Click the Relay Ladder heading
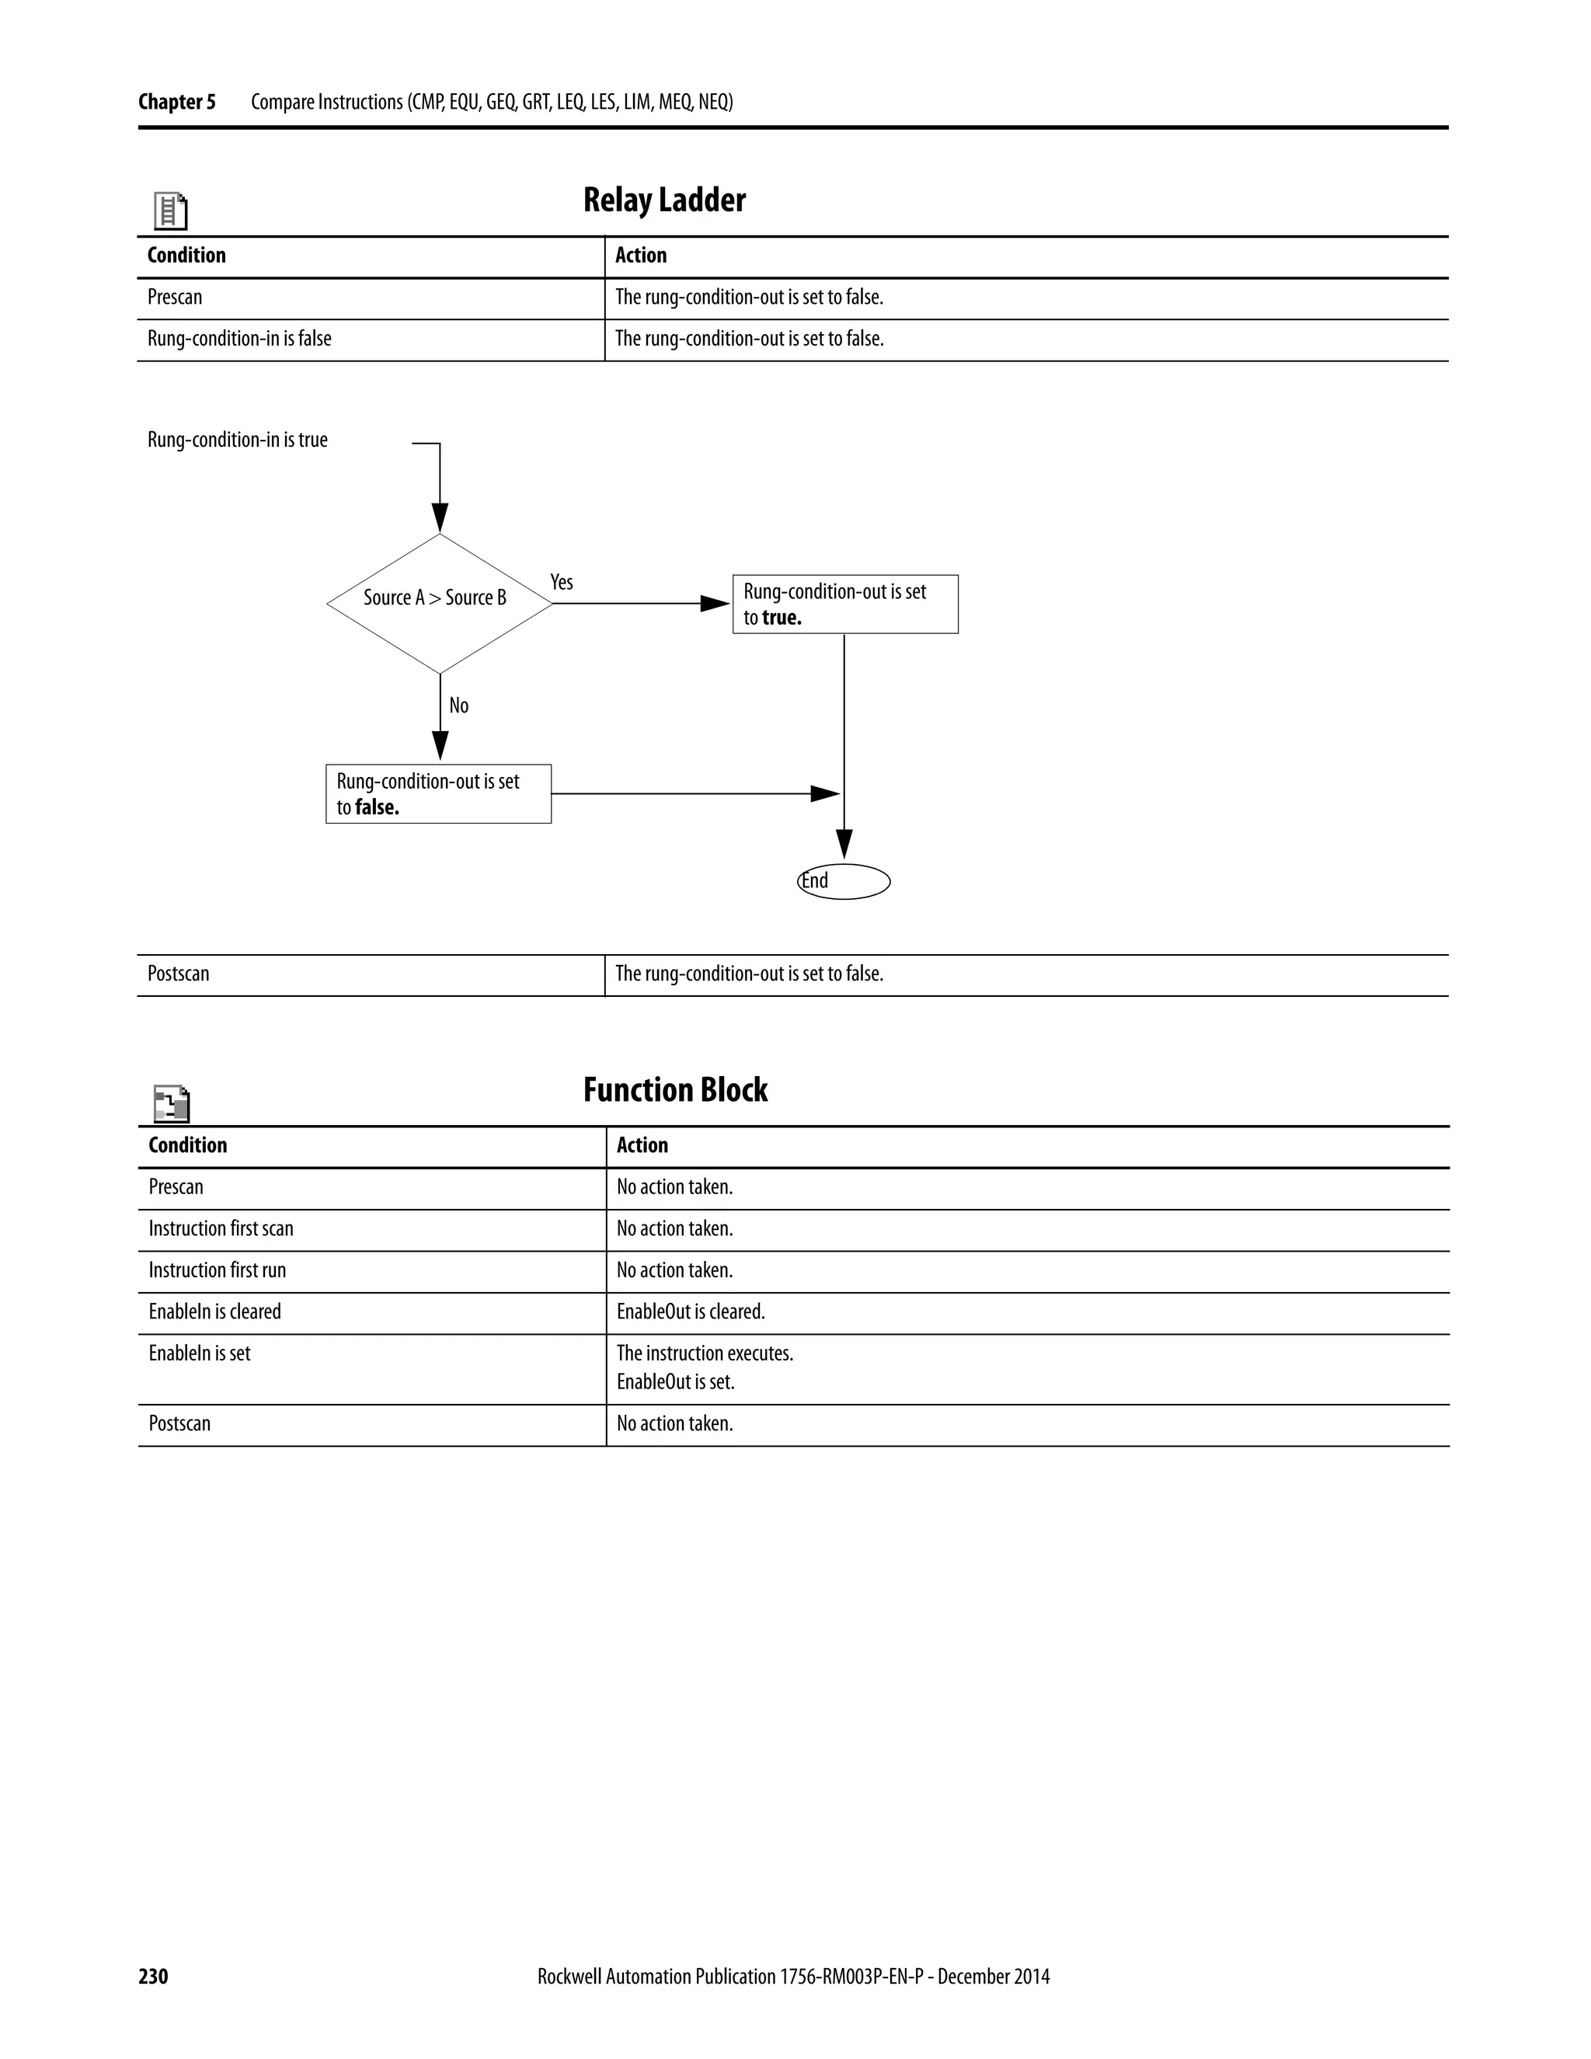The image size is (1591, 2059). (663, 200)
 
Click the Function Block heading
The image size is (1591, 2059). (675, 1090)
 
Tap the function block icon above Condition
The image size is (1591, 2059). (172, 1103)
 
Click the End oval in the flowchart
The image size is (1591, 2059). (844, 882)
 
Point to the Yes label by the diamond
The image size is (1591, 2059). (562, 583)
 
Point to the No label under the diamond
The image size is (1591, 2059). (458, 705)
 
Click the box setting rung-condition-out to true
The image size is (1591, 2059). (844, 604)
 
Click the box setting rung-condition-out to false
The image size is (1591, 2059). (438, 794)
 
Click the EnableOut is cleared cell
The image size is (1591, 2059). (690, 1312)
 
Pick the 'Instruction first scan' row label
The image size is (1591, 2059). (221, 1228)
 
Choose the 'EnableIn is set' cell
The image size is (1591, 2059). (200, 1353)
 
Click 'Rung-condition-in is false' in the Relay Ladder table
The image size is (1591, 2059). (239, 339)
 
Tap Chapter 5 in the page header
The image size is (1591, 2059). (176, 102)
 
